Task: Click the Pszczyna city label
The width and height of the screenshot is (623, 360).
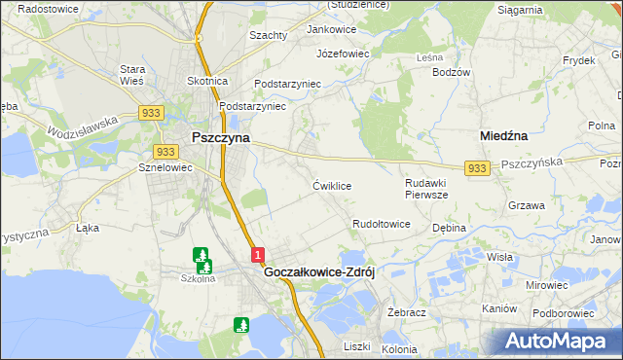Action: click(220, 138)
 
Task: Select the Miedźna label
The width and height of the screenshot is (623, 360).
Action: click(505, 137)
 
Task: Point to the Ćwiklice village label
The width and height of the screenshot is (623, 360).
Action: click(331, 185)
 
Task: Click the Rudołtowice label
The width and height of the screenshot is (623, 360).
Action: click(381, 224)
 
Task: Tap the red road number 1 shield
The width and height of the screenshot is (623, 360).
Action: click(257, 255)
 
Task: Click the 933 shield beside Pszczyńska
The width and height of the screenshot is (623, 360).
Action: click(476, 168)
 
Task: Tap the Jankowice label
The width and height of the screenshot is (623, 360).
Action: click(332, 29)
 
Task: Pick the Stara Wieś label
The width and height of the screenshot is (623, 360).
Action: click(131, 76)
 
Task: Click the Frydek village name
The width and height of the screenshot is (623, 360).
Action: click(578, 60)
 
